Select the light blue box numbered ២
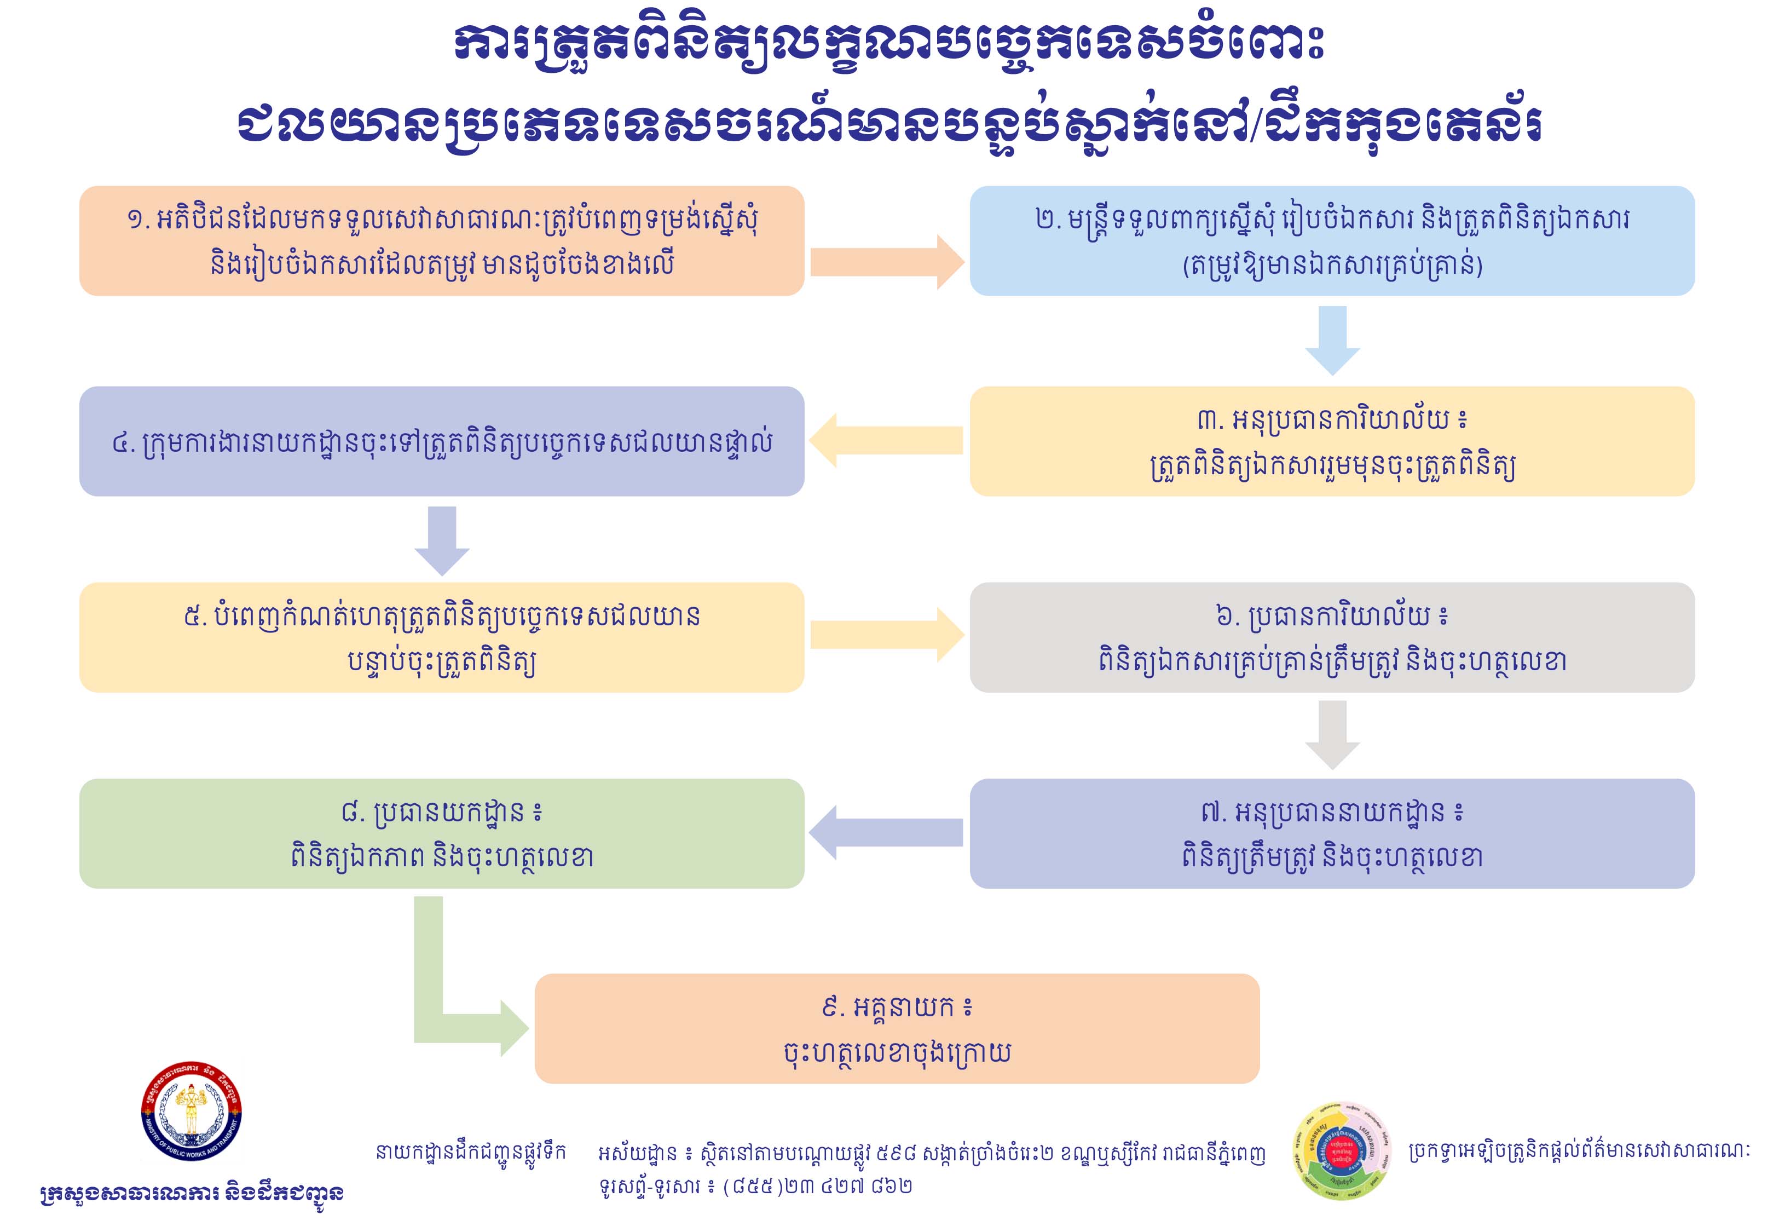(1332, 241)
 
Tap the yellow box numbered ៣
(1332, 441)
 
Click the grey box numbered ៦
(1332, 637)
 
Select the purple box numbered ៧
(1332, 834)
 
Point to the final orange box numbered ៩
(897, 1029)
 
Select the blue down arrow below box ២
(1332, 339)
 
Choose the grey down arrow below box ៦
(1332, 734)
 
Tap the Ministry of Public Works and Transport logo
(192, 1112)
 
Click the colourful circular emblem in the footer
(1341, 1151)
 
